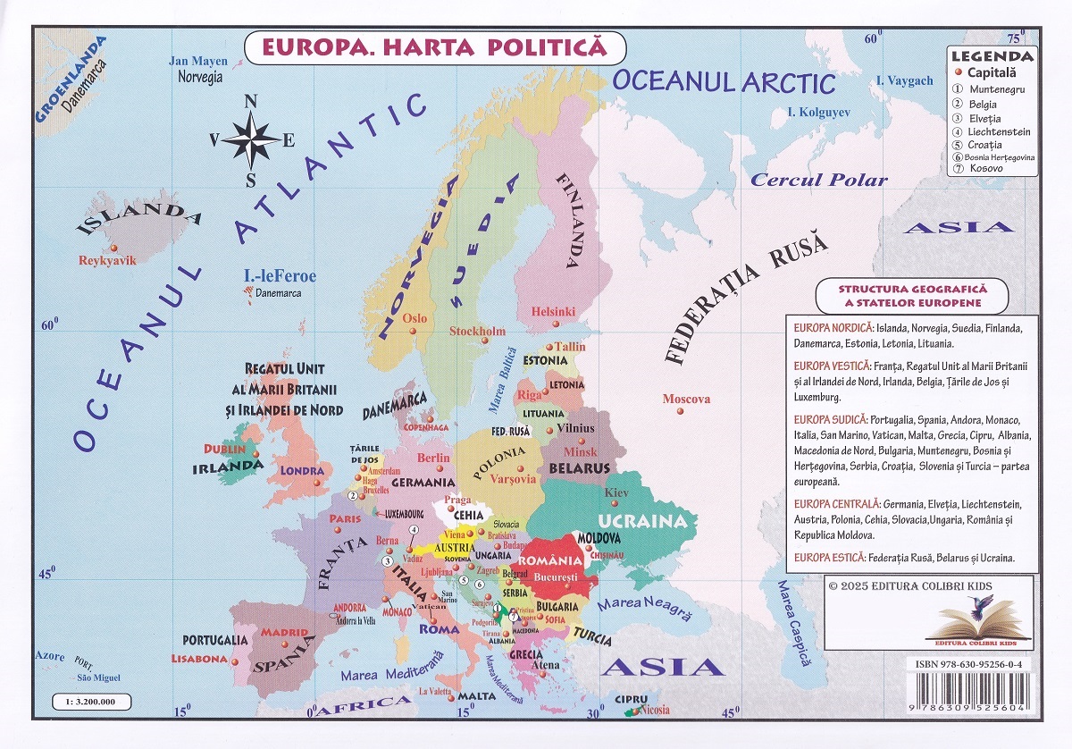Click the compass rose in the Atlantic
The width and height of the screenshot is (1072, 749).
pyautogui.click(x=251, y=139)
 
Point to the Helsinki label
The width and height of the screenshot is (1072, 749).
pyautogui.click(x=553, y=312)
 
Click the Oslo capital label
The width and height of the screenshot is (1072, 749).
pyautogui.click(x=415, y=318)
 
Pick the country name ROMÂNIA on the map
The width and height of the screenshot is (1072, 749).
pyautogui.click(x=556, y=560)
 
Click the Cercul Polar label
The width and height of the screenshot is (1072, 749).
pyautogui.click(x=818, y=180)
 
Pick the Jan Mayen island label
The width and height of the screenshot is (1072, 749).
pyautogui.click(x=198, y=62)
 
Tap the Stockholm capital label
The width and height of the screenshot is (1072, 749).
pyautogui.click(x=477, y=332)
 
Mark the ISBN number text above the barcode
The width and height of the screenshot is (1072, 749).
pyautogui.click(x=974, y=665)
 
